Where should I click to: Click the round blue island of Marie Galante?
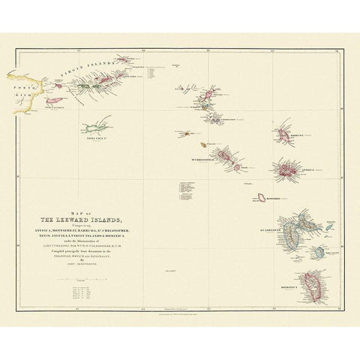(322, 253)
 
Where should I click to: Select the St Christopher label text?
(204, 160)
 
